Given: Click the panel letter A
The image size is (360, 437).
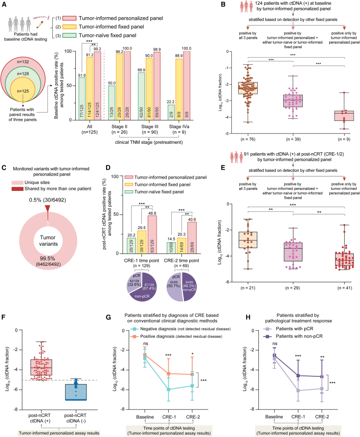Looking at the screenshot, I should tap(4, 4).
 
